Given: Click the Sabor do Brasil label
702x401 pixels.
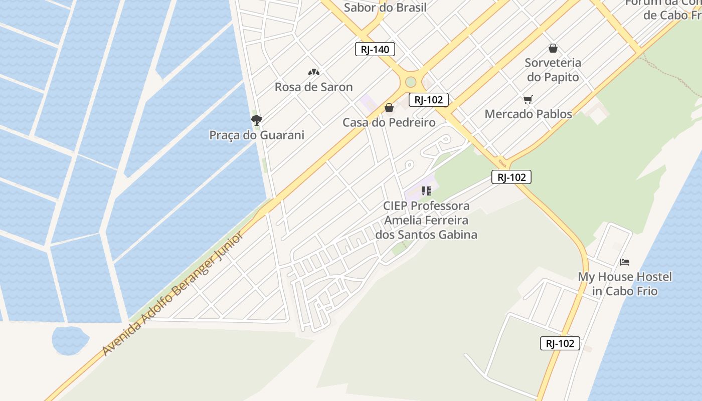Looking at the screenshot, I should point(385,8).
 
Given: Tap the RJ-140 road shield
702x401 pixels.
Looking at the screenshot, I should point(375,49).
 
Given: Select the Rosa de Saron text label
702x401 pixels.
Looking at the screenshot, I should point(313,87).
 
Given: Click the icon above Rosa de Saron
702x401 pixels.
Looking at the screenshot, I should point(313,72).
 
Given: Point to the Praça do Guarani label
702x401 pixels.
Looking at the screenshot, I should point(256,135).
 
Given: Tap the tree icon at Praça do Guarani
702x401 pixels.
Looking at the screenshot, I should point(256,120).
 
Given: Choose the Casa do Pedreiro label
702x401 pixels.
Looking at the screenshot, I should point(389,122).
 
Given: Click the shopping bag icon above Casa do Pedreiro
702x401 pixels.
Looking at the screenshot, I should point(389,108).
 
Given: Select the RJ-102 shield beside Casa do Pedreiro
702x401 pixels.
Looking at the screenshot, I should point(428,100).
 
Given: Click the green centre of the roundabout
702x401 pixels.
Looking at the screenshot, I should point(411,82).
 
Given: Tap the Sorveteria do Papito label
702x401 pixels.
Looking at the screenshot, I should point(553,70).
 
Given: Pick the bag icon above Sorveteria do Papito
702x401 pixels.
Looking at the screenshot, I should point(553,48).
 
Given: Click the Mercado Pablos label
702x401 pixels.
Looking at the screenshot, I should point(528,114).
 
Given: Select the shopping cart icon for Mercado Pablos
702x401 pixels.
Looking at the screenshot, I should point(528,100).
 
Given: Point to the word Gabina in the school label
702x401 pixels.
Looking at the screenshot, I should point(456,234).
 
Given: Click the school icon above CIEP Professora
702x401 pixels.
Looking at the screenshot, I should point(426,191).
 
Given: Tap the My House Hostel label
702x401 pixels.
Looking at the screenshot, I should point(625,284).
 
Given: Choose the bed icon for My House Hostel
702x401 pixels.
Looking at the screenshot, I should point(625,262).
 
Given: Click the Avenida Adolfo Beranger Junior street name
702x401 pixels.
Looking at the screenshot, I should point(172,294).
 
